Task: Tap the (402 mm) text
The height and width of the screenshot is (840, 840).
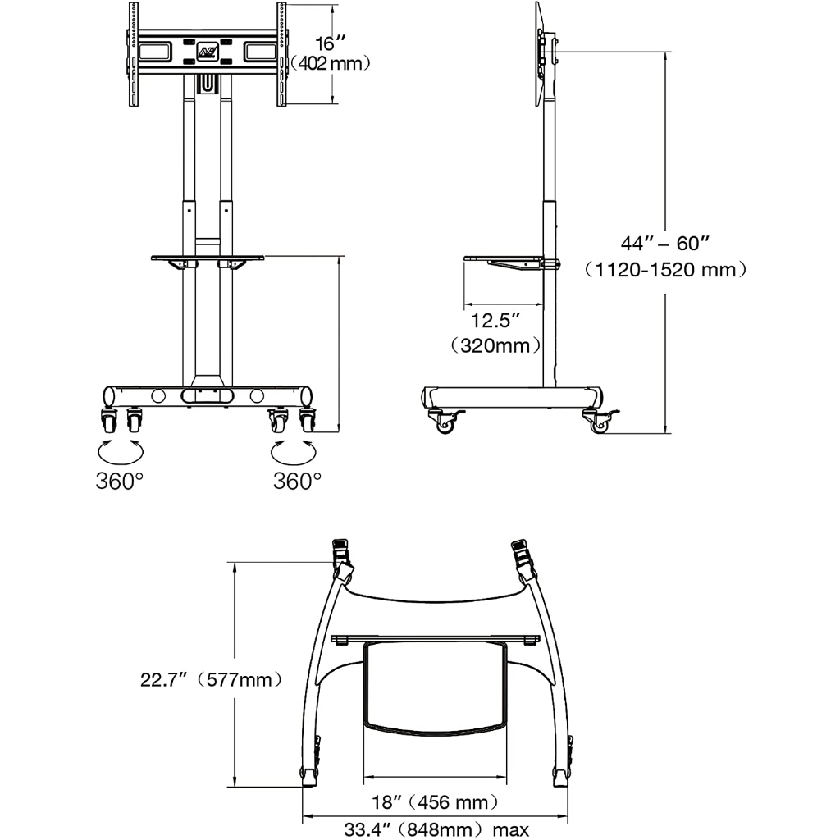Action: (x=332, y=62)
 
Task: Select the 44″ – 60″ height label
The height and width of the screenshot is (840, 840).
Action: (x=664, y=243)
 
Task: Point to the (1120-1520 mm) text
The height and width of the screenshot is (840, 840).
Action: (x=664, y=268)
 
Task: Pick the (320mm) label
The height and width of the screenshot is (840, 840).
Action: (x=495, y=345)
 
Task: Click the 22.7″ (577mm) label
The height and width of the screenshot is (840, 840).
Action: (x=212, y=679)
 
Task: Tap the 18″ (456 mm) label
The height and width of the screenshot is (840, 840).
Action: (x=434, y=801)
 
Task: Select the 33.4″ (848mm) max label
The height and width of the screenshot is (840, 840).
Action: (x=436, y=829)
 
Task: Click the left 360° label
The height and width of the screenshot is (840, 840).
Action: (x=120, y=481)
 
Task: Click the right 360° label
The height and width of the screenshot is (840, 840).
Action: (x=297, y=481)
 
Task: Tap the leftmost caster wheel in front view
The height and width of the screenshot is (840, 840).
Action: (x=108, y=419)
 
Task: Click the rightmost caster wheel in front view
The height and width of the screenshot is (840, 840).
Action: (x=308, y=419)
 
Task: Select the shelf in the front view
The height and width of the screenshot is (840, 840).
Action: (x=207, y=258)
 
